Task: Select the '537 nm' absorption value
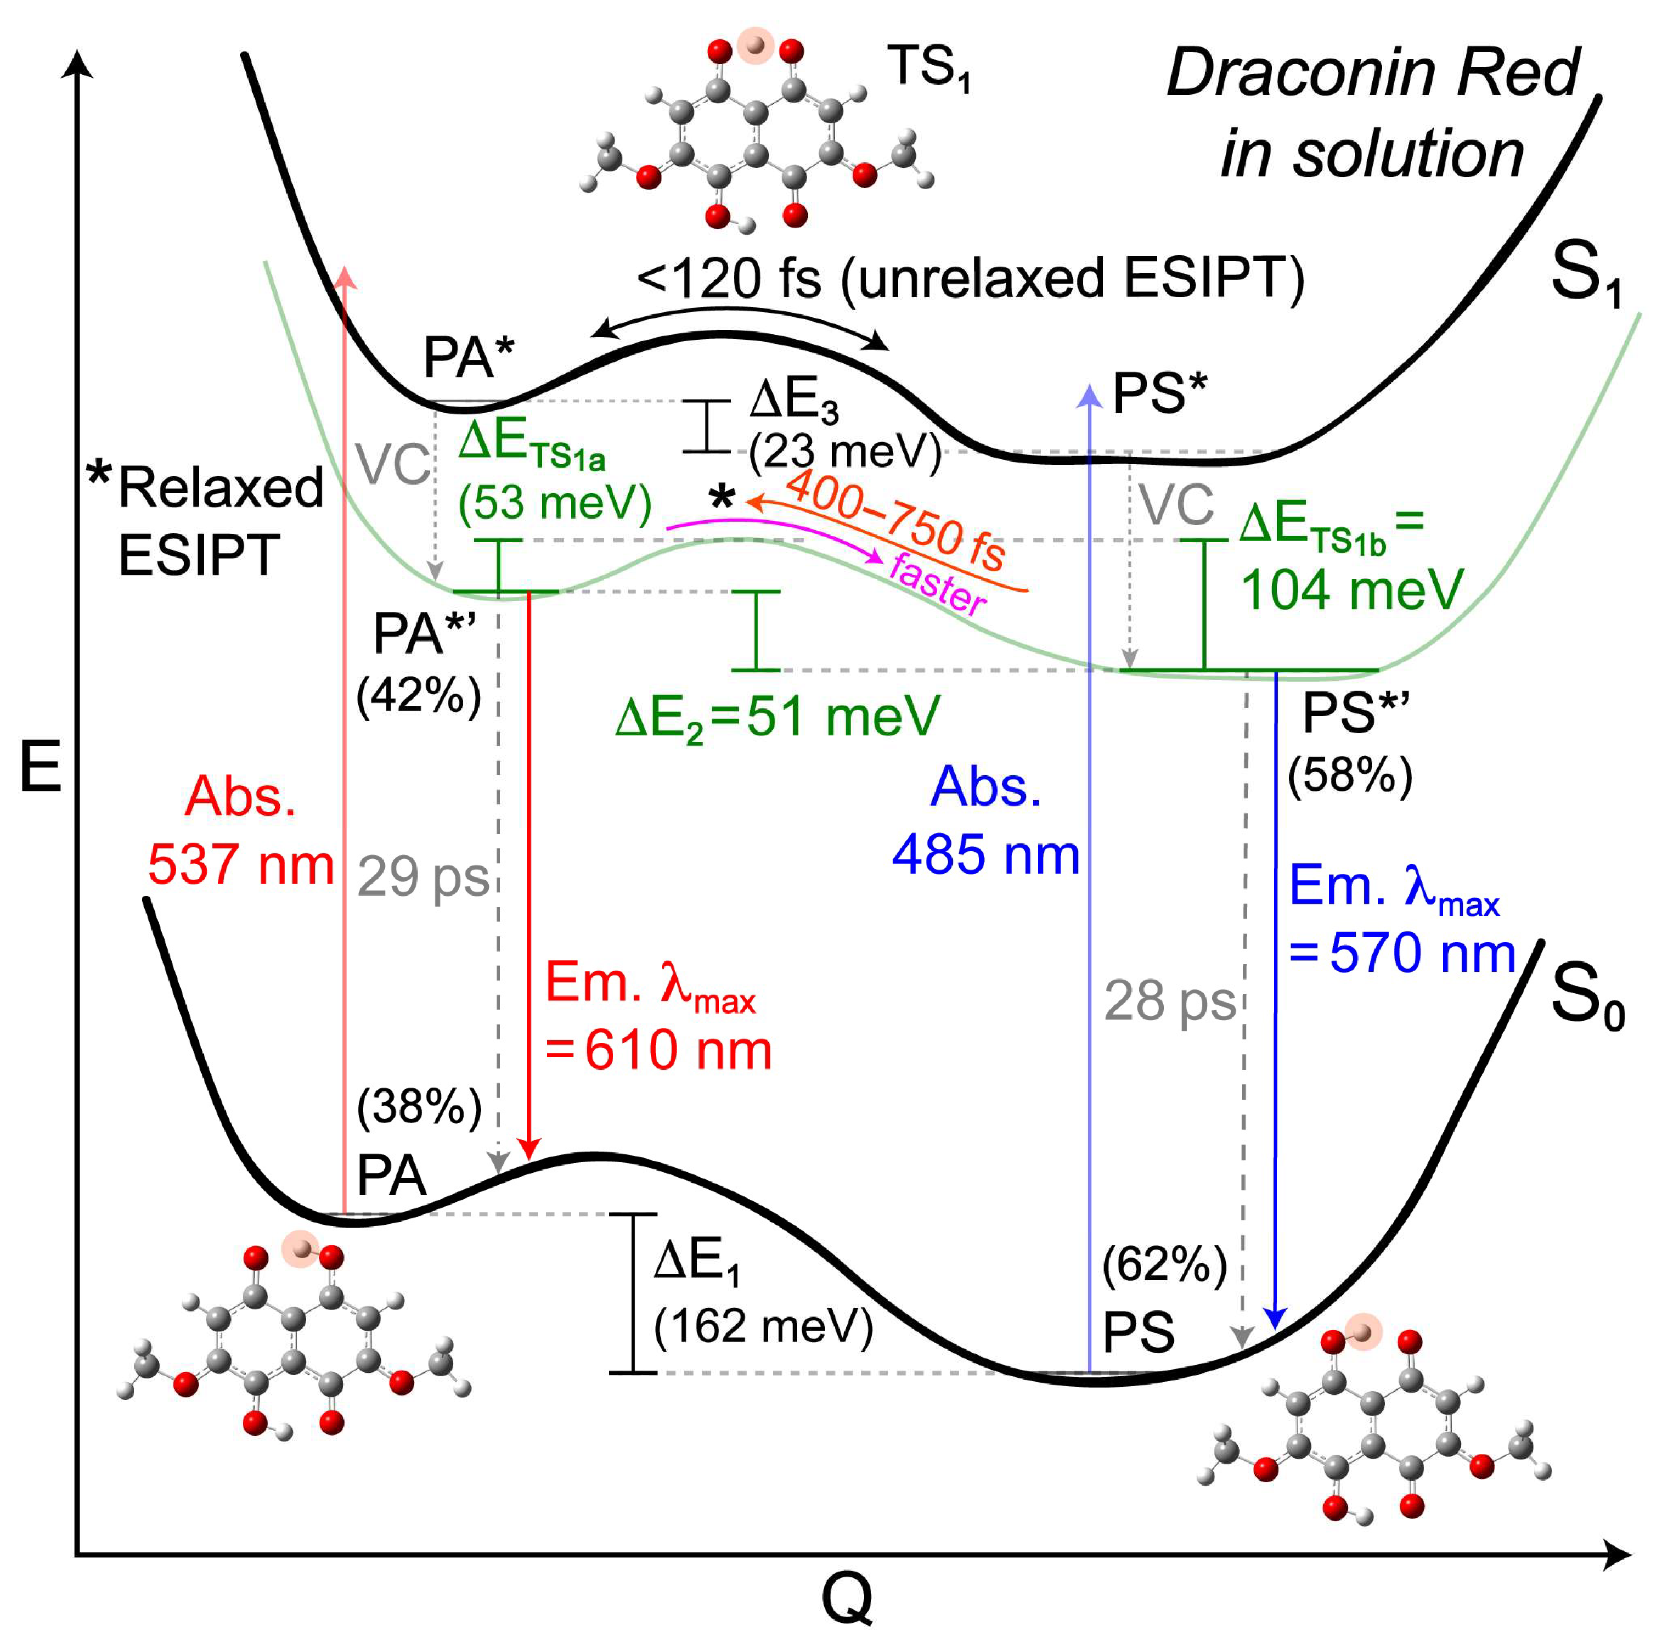pyautogui.click(x=241, y=864)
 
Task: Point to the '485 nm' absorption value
pyautogui.click(x=986, y=856)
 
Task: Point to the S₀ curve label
pyautogui.click(x=1587, y=998)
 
